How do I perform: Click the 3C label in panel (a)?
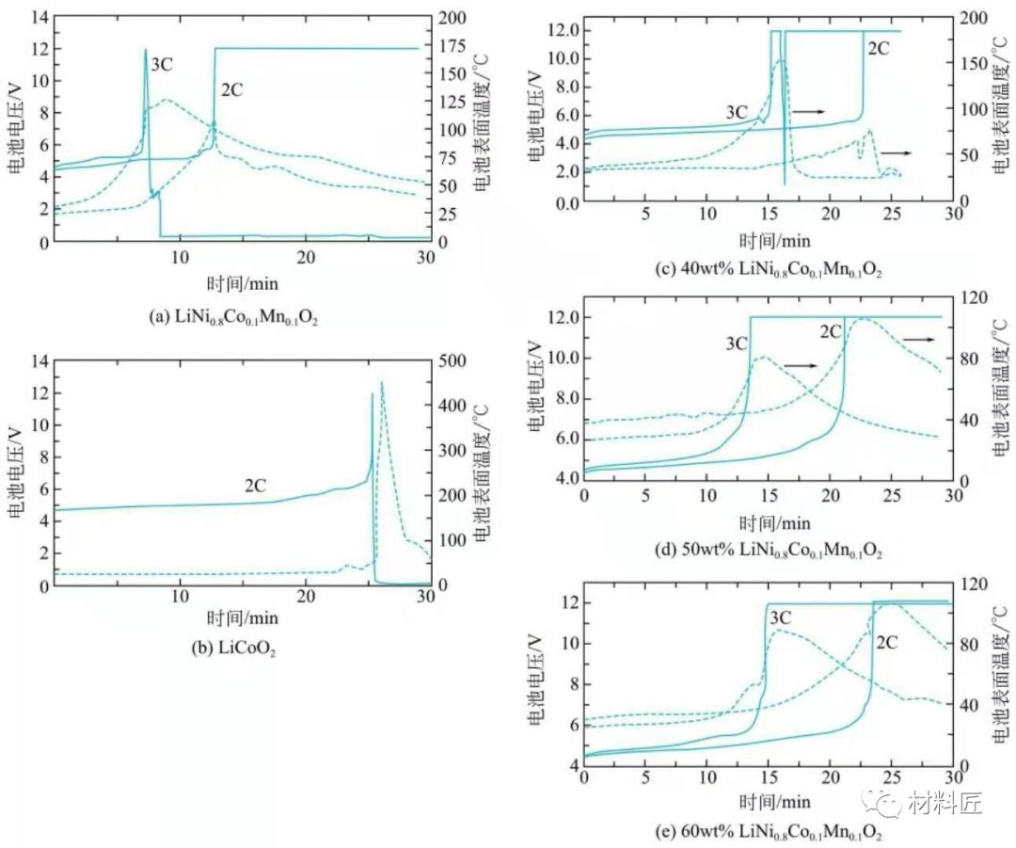pyautogui.click(x=162, y=65)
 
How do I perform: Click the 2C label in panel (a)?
pyautogui.click(x=232, y=90)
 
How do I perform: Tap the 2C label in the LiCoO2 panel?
pyautogui.click(x=255, y=486)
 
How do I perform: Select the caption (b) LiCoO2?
pyautogui.click(x=234, y=648)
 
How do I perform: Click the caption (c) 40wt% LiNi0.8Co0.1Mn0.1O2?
pyautogui.click(x=769, y=269)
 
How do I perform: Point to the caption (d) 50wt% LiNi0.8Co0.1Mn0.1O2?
pyautogui.click(x=769, y=551)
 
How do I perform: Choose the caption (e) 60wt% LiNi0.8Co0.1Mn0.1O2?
pyautogui.click(x=769, y=831)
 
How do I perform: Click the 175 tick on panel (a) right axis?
pyautogui.click(x=452, y=47)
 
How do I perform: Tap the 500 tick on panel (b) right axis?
pyautogui.click(x=452, y=360)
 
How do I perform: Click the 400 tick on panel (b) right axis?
pyautogui.click(x=452, y=406)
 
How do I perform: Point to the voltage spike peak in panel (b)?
pyautogui.click(x=372, y=393)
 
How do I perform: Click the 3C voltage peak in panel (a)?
pyautogui.click(x=146, y=49)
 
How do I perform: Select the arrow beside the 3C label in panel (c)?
pyautogui.click(x=808, y=111)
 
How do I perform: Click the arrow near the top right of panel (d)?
pyautogui.click(x=919, y=339)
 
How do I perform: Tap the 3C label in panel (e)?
pyautogui.click(x=781, y=617)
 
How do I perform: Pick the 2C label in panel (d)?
pyautogui.click(x=831, y=332)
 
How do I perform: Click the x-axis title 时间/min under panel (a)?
pyautogui.click(x=243, y=284)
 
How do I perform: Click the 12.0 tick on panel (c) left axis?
pyautogui.click(x=564, y=30)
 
